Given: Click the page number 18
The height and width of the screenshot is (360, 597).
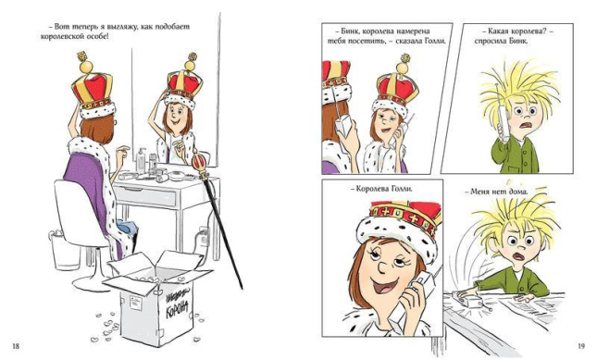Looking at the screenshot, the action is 16,346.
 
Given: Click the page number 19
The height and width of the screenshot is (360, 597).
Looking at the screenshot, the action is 581,346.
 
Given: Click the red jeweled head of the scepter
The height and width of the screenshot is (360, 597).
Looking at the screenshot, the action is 199,162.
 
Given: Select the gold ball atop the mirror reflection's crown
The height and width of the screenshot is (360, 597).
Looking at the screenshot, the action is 189,66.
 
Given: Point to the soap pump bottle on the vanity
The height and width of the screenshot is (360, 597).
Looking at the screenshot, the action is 141,160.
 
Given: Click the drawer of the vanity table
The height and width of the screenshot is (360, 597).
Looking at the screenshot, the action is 146,196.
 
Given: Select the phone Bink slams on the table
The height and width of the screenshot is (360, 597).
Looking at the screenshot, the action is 467,300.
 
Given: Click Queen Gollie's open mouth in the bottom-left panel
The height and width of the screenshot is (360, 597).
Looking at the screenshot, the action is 387,285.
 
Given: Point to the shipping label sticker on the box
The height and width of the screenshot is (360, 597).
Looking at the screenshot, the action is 135,304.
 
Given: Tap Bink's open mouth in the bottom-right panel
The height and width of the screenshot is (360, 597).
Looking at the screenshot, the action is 518,256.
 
